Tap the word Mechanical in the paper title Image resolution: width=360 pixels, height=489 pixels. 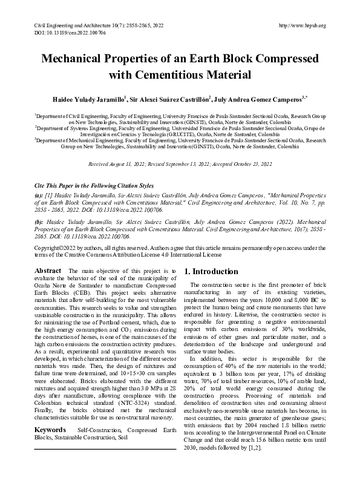point(85,61)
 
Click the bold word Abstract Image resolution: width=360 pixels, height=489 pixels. point(47,271)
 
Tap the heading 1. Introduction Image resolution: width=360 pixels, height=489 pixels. point(211,272)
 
